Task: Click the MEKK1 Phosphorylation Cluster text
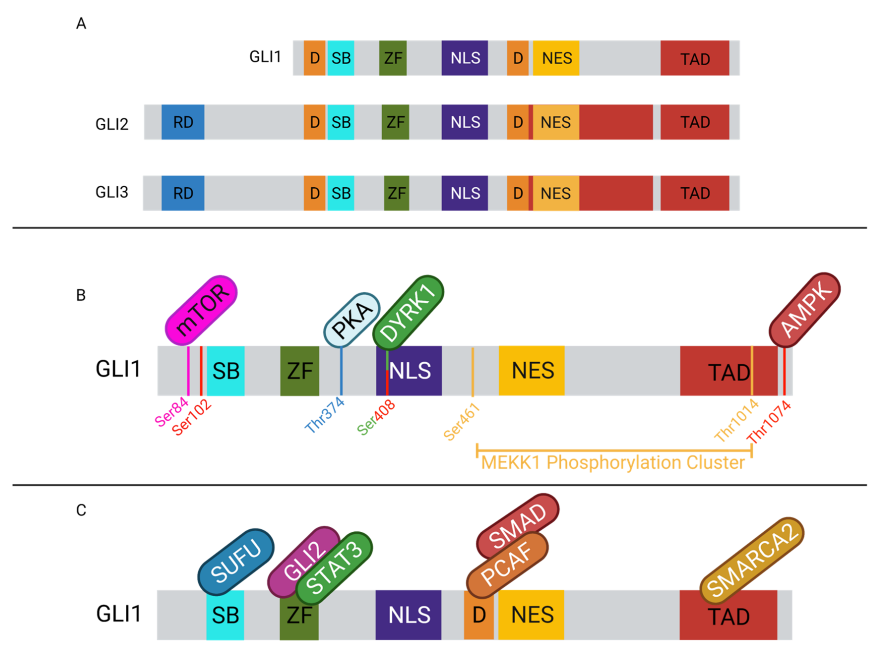click(x=613, y=463)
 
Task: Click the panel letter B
click(x=81, y=295)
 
